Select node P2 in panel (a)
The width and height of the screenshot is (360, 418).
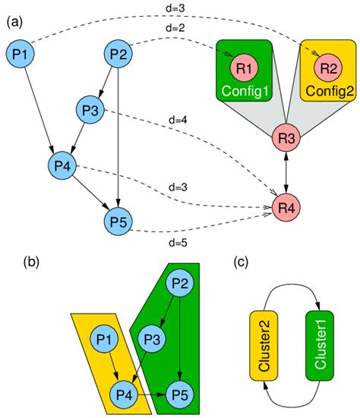(118, 54)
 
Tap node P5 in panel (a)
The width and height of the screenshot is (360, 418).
(118, 223)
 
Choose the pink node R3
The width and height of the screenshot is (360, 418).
(286, 139)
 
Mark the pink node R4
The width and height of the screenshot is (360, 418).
(286, 206)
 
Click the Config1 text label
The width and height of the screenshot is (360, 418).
(245, 93)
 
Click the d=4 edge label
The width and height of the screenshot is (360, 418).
(178, 120)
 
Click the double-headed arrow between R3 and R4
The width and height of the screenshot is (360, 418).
(286, 172)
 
